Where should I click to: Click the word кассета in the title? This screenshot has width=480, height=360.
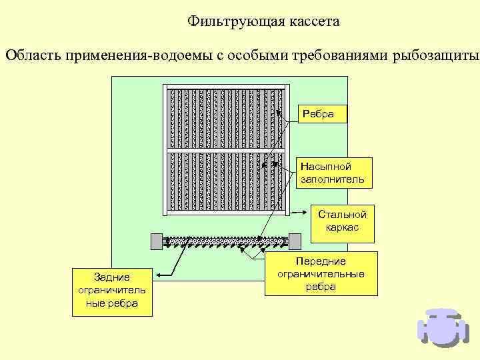pyautogui.click(x=314, y=22)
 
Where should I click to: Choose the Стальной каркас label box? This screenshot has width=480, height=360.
pyautogui.click(x=343, y=221)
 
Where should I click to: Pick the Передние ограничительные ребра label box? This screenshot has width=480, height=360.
pyautogui.click(x=321, y=274)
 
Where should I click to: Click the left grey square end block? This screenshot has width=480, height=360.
pyautogui.click(x=157, y=241)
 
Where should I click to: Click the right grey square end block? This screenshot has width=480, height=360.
pyautogui.click(x=295, y=241)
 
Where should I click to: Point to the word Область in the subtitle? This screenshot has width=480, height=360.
pyautogui.click(x=33, y=54)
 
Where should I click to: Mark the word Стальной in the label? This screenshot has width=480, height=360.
pyautogui.click(x=343, y=215)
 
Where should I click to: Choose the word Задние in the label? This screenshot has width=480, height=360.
pyautogui.click(x=112, y=277)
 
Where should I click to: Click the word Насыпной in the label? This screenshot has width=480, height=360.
pyautogui.click(x=325, y=167)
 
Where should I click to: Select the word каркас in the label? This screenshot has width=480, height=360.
pyautogui.click(x=343, y=228)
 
